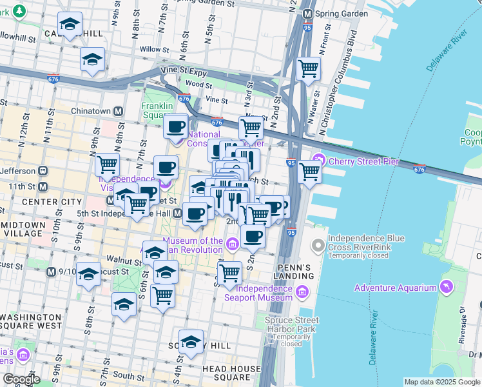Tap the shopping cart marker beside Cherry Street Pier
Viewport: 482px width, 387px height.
(x=310, y=172)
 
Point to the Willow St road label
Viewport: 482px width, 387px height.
(x=154, y=49)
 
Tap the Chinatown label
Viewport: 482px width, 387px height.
(x=92, y=112)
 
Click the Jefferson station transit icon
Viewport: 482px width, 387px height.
(x=43, y=172)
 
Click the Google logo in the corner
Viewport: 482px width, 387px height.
(x=22, y=379)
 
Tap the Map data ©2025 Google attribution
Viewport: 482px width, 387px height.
(x=442, y=382)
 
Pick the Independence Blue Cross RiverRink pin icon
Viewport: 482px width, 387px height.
(x=318, y=246)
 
